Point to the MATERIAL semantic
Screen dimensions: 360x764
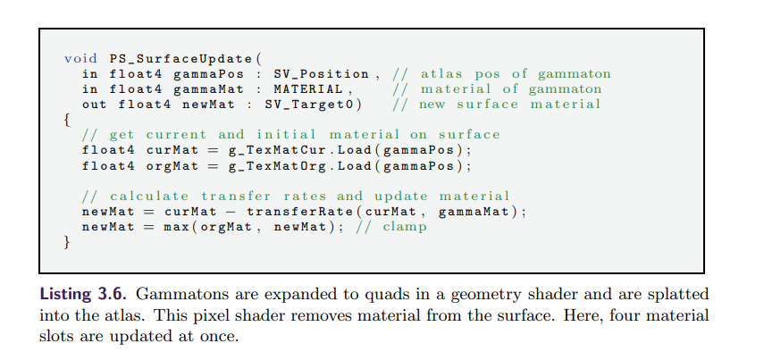point(307,89)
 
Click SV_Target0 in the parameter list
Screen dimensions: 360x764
point(313,105)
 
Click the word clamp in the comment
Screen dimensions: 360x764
point(405,227)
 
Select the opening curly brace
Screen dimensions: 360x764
point(66,120)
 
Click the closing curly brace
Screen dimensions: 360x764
point(66,242)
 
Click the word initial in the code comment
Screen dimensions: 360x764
point(273,135)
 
